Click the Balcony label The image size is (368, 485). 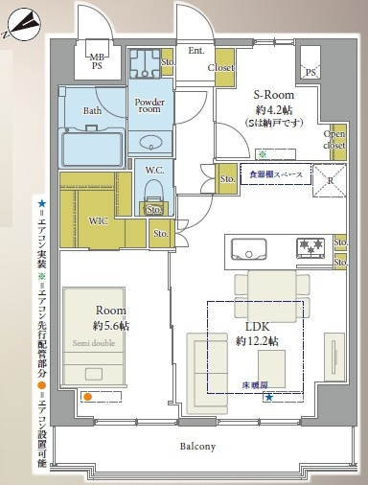(x=195, y=447)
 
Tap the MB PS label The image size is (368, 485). (x=98, y=60)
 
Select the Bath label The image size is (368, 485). (x=92, y=111)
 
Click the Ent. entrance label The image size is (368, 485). (x=195, y=51)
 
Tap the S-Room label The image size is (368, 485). (x=273, y=95)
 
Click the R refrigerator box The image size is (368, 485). (x=330, y=178)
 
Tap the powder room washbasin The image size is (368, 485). (x=151, y=144)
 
